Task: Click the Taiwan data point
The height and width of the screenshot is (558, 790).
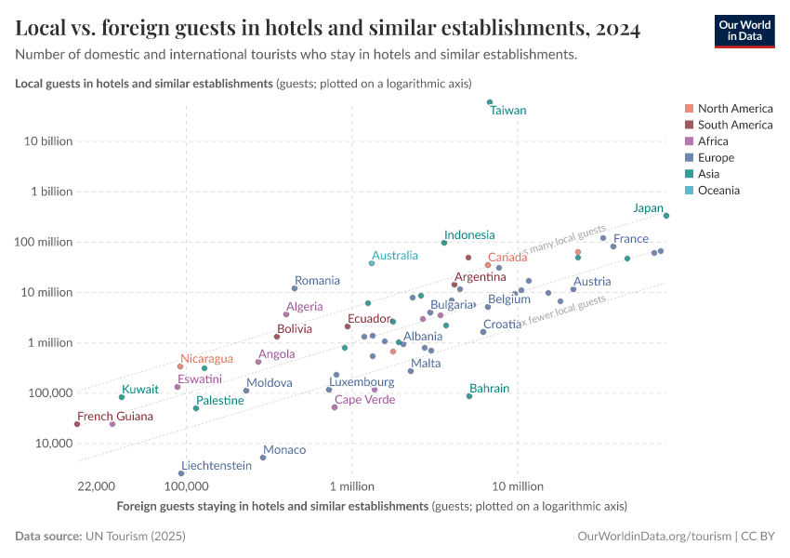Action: [x=490, y=102]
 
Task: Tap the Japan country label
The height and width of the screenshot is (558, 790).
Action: [x=648, y=208]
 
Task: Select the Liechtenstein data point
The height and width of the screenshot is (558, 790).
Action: [x=181, y=473]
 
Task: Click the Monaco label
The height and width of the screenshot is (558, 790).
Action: [x=284, y=450]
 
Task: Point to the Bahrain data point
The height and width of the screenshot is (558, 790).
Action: [x=469, y=396]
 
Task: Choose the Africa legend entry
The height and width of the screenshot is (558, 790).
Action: [x=713, y=141]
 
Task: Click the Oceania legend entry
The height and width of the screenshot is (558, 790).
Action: [x=718, y=191]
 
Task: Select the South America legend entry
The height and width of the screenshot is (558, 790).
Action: [x=734, y=125]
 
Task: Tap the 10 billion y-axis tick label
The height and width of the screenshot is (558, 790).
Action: [x=46, y=141]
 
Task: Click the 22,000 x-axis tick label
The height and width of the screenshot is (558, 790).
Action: [x=96, y=486]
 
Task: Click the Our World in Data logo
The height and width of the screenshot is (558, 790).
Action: [x=744, y=31]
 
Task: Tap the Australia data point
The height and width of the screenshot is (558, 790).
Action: [x=372, y=263]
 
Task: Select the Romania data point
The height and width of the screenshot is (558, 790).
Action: [x=295, y=288]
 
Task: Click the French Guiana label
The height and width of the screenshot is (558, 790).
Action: [x=114, y=417]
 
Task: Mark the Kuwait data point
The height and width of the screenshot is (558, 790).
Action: [x=122, y=397]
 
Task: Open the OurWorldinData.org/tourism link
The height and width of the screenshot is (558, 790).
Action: [x=653, y=537]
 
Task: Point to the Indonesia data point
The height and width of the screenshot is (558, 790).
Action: [x=444, y=243]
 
